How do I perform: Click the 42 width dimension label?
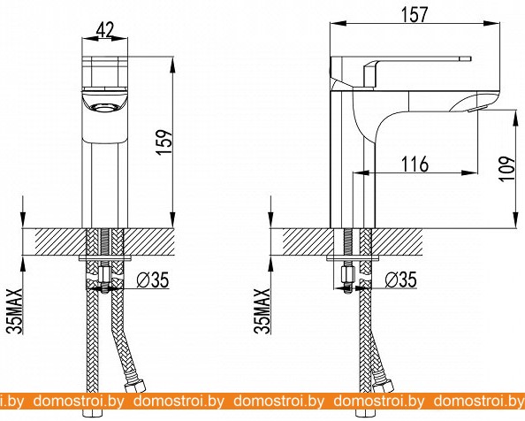(105, 30)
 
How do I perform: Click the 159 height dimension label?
(164, 142)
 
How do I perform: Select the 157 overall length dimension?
(415, 14)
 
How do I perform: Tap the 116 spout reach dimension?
(415, 164)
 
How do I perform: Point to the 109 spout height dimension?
(508, 168)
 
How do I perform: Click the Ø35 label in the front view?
(153, 280)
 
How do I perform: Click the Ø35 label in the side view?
(400, 280)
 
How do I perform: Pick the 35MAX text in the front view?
(15, 310)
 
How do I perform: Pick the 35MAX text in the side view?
(262, 310)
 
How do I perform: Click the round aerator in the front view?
(104, 108)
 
